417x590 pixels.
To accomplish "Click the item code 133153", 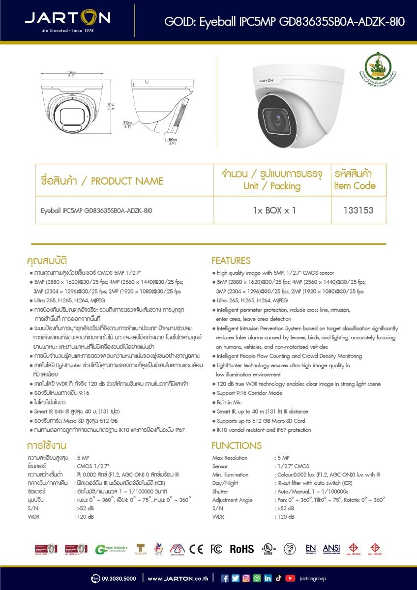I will click(358, 210).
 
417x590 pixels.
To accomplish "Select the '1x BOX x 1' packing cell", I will click(274, 210).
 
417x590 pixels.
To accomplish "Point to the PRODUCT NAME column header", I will click(102, 181).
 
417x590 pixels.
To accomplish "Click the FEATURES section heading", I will click(231, 261).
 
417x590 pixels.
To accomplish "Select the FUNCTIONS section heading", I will click(236, 445).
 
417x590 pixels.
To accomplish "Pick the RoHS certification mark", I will click(241, 549).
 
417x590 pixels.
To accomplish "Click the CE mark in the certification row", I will click(196, 549).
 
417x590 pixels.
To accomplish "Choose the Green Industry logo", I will click(111, 549).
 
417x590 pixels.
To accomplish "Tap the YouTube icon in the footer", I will click(290, 578).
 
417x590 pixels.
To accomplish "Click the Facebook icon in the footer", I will click(225, 578).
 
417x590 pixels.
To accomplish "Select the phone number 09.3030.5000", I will click(119, 578).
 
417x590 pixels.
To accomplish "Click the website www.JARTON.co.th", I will click(178, 578).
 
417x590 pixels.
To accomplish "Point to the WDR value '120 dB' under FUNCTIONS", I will click(286, 517).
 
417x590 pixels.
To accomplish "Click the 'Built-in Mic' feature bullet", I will click(229, 402).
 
